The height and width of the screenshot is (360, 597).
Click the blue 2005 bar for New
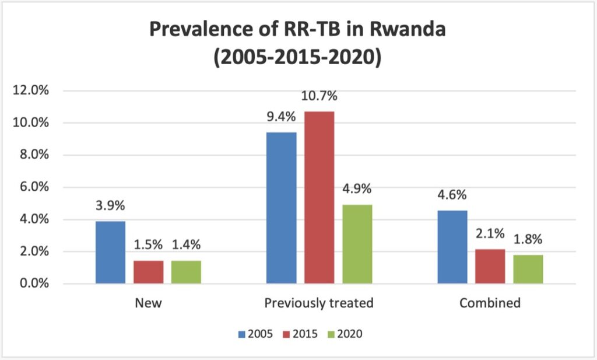110,253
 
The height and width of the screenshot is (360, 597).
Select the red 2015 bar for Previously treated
319,197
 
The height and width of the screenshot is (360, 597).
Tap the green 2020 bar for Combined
528,270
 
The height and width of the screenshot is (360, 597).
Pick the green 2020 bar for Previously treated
357,244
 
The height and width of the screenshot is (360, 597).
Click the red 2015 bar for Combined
490,267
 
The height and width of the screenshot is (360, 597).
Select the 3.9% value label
110,206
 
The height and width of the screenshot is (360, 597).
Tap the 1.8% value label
528,240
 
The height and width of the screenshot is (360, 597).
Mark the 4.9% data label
357,189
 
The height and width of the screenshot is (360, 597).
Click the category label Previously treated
318,304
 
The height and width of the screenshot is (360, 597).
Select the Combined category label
490,304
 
